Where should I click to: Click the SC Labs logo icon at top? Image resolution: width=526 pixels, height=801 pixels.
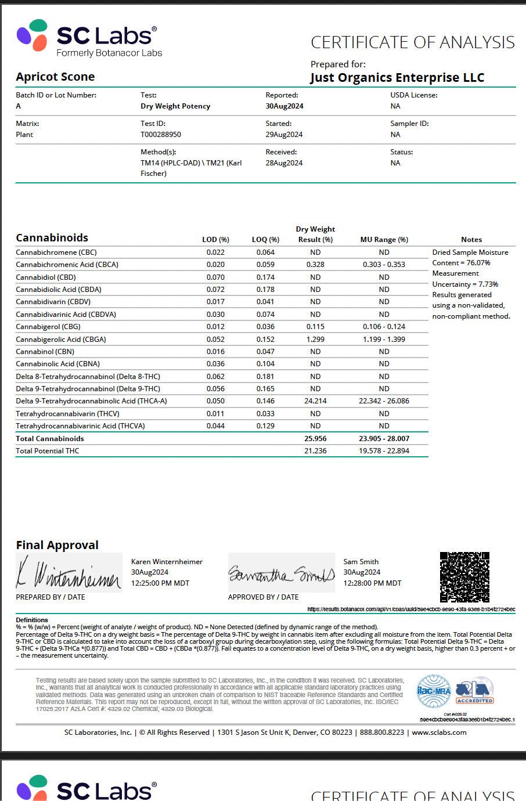click(x=33, y=35)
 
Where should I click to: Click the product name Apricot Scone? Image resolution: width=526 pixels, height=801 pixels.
click(x=55, y=77)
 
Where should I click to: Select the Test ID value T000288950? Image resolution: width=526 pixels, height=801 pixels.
click(x=161, y=134)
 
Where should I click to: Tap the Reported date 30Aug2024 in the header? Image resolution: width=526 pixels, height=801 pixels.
click(x=284, y=106)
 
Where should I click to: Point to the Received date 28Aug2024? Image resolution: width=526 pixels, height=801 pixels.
click(x=284, y=163)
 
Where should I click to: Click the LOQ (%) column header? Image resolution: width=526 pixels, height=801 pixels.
click(x=265, y=240)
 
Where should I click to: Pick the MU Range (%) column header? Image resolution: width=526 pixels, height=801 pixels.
click(x=384, y=240)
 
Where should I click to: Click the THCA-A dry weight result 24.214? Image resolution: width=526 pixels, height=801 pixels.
click(x=315, y=401)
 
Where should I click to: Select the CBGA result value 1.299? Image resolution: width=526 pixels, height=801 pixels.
click(x=315, y=339)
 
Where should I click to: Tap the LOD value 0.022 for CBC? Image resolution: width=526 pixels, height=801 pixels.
click(x=215, y=252)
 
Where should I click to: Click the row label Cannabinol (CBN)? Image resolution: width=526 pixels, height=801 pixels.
click(x=45, y=352)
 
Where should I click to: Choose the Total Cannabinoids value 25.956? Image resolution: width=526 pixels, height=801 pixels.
click(x=315, y=439)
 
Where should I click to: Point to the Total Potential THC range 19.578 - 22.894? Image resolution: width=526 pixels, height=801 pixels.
click(x=384, y=451)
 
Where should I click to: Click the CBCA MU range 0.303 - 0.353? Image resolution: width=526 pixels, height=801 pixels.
click(x=384, y=265)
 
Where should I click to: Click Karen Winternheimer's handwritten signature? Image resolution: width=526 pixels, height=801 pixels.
click(x=69, y=573)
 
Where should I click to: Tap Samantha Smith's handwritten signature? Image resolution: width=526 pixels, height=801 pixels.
click(x=282, y=573)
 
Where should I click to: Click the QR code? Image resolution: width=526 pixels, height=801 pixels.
click(x=464, y=577)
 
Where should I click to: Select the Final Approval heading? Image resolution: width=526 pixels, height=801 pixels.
click(x=57, y=545)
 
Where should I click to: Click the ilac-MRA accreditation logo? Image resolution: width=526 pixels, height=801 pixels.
click(x=434, y=691)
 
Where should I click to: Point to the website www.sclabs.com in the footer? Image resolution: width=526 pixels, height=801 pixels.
click(x=439, y=733)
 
